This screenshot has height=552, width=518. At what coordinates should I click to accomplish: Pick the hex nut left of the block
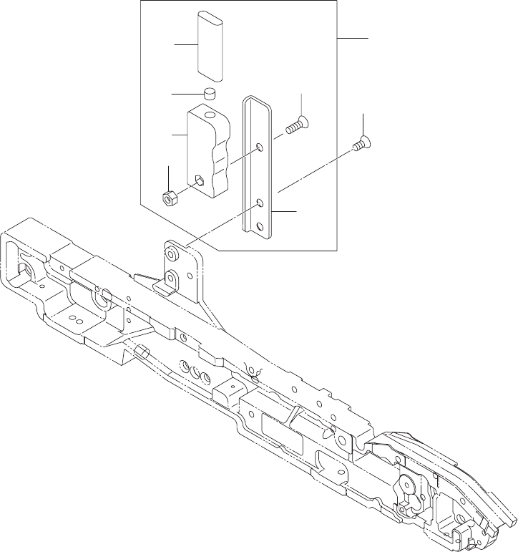[170, 198]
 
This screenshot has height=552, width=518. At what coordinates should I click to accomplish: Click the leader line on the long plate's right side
[284, 212]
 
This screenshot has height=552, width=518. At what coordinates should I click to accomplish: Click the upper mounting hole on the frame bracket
[172, 253]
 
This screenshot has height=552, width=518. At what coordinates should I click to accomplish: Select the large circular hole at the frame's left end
[26, 271]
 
